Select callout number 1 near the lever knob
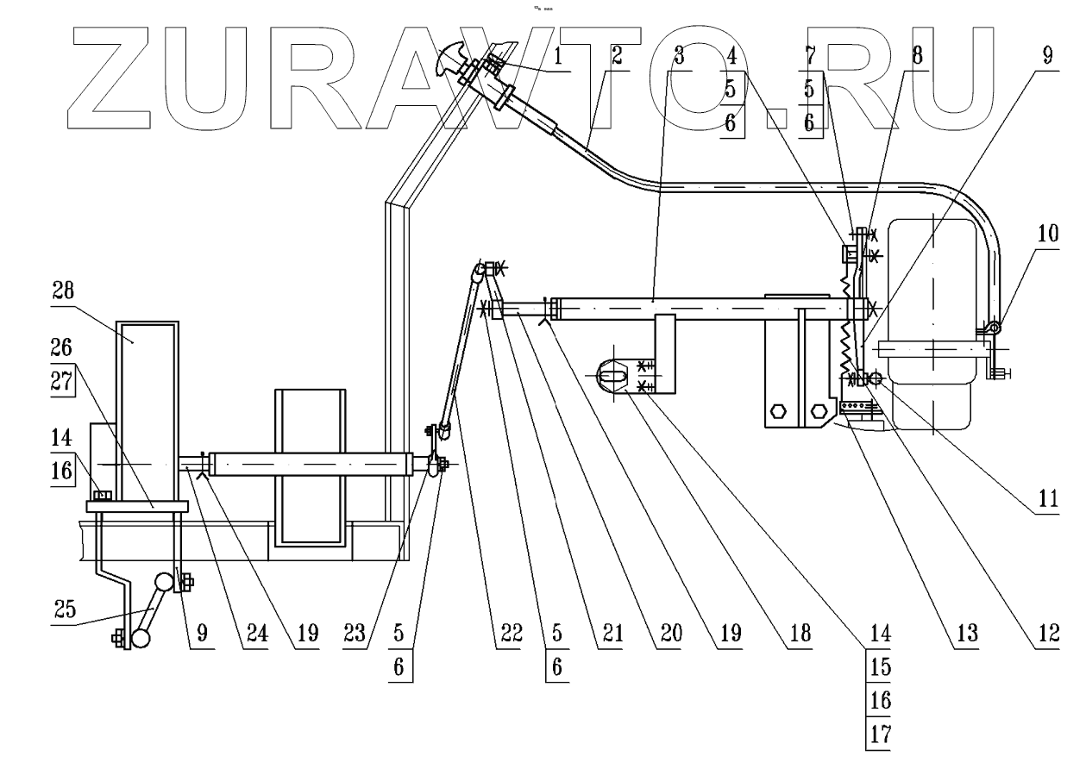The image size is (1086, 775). click(x=558, y=57)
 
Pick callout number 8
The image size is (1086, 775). click(x=917, y=57)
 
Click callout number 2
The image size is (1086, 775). click(x=617, y=57)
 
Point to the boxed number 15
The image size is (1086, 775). click(x=878, y=668)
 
